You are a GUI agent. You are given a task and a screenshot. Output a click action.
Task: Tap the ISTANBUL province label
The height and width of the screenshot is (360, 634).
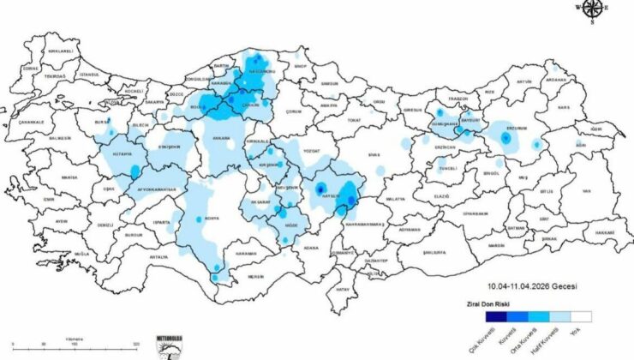[90, 75]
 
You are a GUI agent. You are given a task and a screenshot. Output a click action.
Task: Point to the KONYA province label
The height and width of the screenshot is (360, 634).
[212, 218]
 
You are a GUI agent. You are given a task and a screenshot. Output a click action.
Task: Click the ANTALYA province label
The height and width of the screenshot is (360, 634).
[158, 255]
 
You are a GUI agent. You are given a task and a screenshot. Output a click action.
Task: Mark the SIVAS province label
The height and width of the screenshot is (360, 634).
[374, 153]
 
